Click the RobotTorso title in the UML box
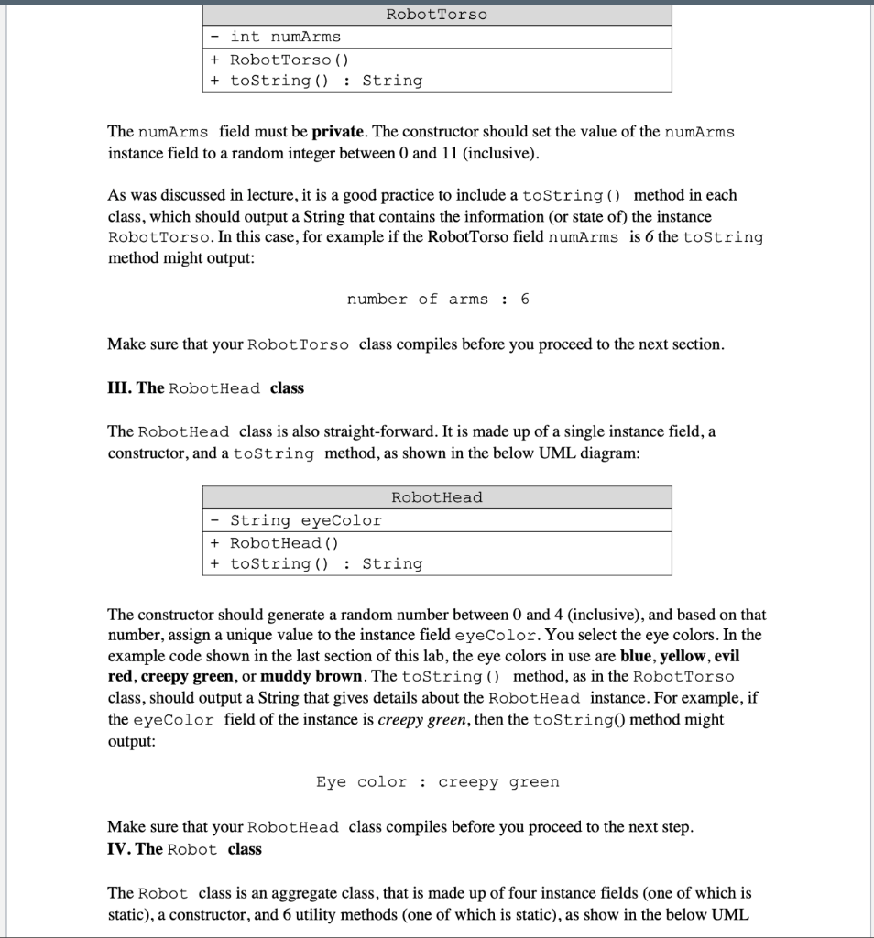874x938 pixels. (436, 15)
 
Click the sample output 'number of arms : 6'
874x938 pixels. (438, 300)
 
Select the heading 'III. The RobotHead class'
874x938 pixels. (206, 387)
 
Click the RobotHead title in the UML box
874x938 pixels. (436, 497)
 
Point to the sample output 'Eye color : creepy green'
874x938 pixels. (437, 782)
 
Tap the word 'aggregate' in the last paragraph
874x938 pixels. (292, 893)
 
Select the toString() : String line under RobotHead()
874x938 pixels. (316, 564)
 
